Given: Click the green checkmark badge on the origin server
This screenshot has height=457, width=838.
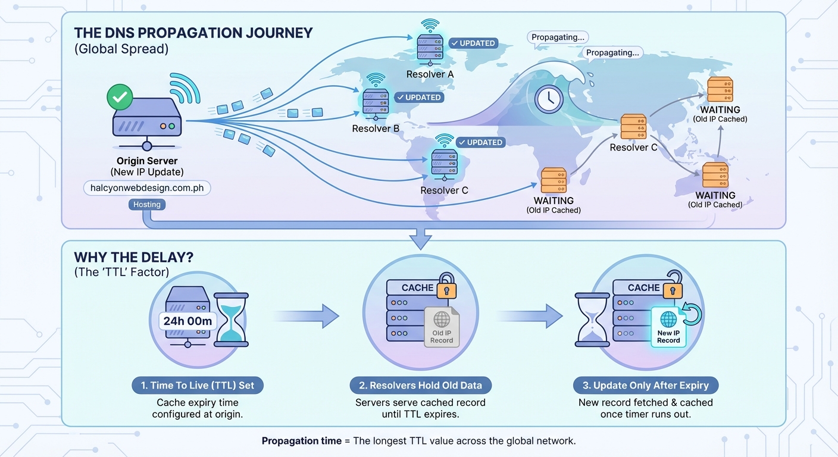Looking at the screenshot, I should tap(120, 97).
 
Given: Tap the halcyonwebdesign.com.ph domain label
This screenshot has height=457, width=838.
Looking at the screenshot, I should tap(147, 187).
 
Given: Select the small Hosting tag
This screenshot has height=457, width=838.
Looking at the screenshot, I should tap(146, 205).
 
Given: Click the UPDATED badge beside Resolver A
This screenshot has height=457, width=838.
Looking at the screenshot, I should tap(473, 43).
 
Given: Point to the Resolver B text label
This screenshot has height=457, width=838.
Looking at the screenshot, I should tap(376, 129).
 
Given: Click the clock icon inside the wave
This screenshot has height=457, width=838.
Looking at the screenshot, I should tap(549, 99).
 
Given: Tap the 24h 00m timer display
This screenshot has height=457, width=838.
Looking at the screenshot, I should tap(188, 321).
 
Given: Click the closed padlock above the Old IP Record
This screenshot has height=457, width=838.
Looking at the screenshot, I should tap(446, 287).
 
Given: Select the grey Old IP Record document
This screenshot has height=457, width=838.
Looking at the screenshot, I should tap(442, 327).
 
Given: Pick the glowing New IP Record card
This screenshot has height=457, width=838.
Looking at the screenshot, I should tap(668, 327).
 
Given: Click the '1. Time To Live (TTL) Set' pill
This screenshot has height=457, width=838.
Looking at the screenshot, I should tap(198, 386).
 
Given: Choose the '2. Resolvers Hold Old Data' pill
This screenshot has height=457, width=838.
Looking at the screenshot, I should tap(420, 386).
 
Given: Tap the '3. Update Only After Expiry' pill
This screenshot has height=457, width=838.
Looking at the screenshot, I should tap(646, 386).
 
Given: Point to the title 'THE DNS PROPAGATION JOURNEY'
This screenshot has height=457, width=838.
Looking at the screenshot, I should tap(193, 33).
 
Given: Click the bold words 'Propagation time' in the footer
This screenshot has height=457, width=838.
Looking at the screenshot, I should tap(301, 442).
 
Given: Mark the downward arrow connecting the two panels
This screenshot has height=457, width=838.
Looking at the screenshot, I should tap(421, 239).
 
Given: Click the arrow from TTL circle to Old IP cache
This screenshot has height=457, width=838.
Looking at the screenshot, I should tap(306, 316).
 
